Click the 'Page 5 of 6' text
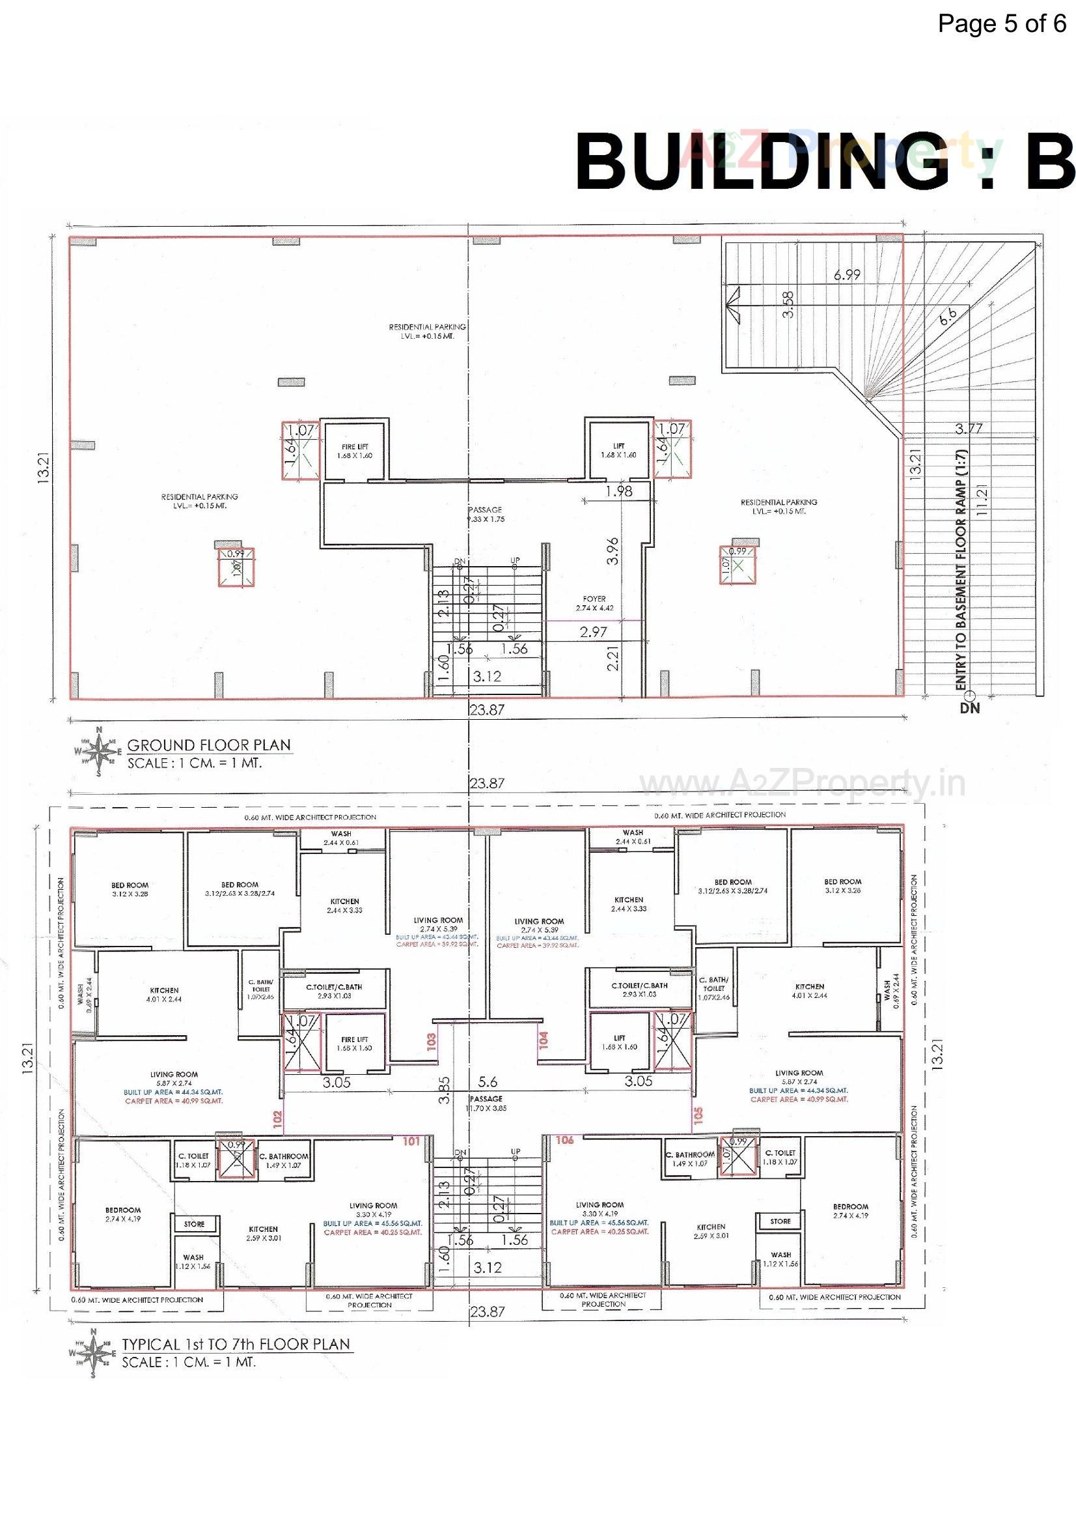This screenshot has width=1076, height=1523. click(x=1001, y=25)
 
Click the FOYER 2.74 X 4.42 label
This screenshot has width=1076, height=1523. click(x=594, y=603)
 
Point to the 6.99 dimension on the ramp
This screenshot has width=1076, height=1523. click(x=847, y=275)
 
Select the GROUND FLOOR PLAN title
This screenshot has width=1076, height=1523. click(x=209, y=745)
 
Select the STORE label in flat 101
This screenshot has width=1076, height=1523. click(x=193, y=1224)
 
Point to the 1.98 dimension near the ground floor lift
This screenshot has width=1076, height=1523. click(x=618, y=492)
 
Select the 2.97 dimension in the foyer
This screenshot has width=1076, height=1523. click(x=594, y=632)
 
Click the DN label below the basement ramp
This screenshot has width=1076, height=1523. click(x=969, y=708)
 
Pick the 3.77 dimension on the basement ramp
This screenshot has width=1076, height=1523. click(x=969, y=429)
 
